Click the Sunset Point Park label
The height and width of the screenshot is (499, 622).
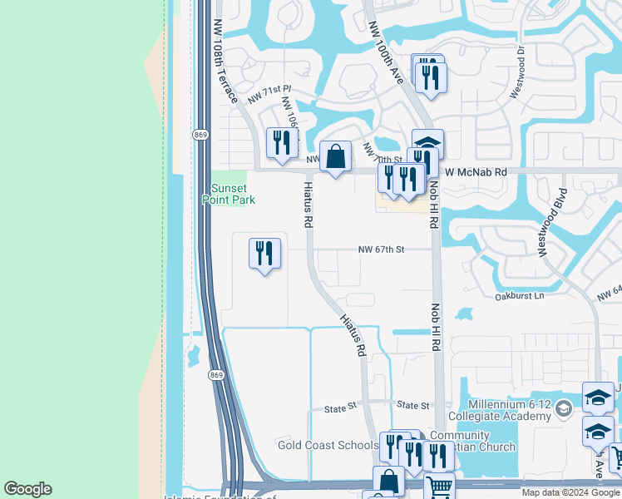[x=228, y=194]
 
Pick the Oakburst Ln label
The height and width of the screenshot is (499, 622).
[x=519, y=295]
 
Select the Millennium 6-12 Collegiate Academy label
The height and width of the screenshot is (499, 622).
[x=499, y=410]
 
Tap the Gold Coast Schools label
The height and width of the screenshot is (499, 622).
[x=328, y=445]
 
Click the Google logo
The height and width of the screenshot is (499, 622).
[x=27, y=489]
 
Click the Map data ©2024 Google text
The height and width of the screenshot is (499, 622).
[x=571, y=492]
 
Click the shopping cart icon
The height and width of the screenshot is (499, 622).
[x=439, y=485]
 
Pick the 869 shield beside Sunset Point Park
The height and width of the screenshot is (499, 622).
[x=200, y=135]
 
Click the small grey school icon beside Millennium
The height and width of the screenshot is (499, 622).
[x=564, y=408]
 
